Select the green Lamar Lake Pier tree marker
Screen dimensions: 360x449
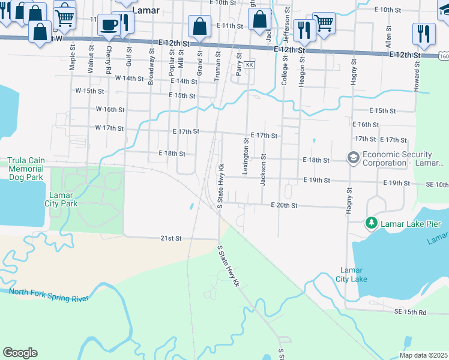[x=372, y=224]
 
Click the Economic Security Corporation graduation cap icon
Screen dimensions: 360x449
[x=353, y=158]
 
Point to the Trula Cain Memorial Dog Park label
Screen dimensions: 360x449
[x=26, y=169]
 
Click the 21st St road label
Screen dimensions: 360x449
[x=170, y=238]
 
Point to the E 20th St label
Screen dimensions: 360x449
[x=284, y=205]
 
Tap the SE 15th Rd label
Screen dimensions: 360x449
[x=410, y=312]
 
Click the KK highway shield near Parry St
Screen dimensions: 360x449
[x=250, y=64]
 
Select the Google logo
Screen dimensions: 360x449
[x=20, y=352]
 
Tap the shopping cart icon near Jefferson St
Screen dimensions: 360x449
[x=324, y=23]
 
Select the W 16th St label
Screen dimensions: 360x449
[x=110, y=110]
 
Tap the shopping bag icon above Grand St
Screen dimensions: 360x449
[x=199, y=26]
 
